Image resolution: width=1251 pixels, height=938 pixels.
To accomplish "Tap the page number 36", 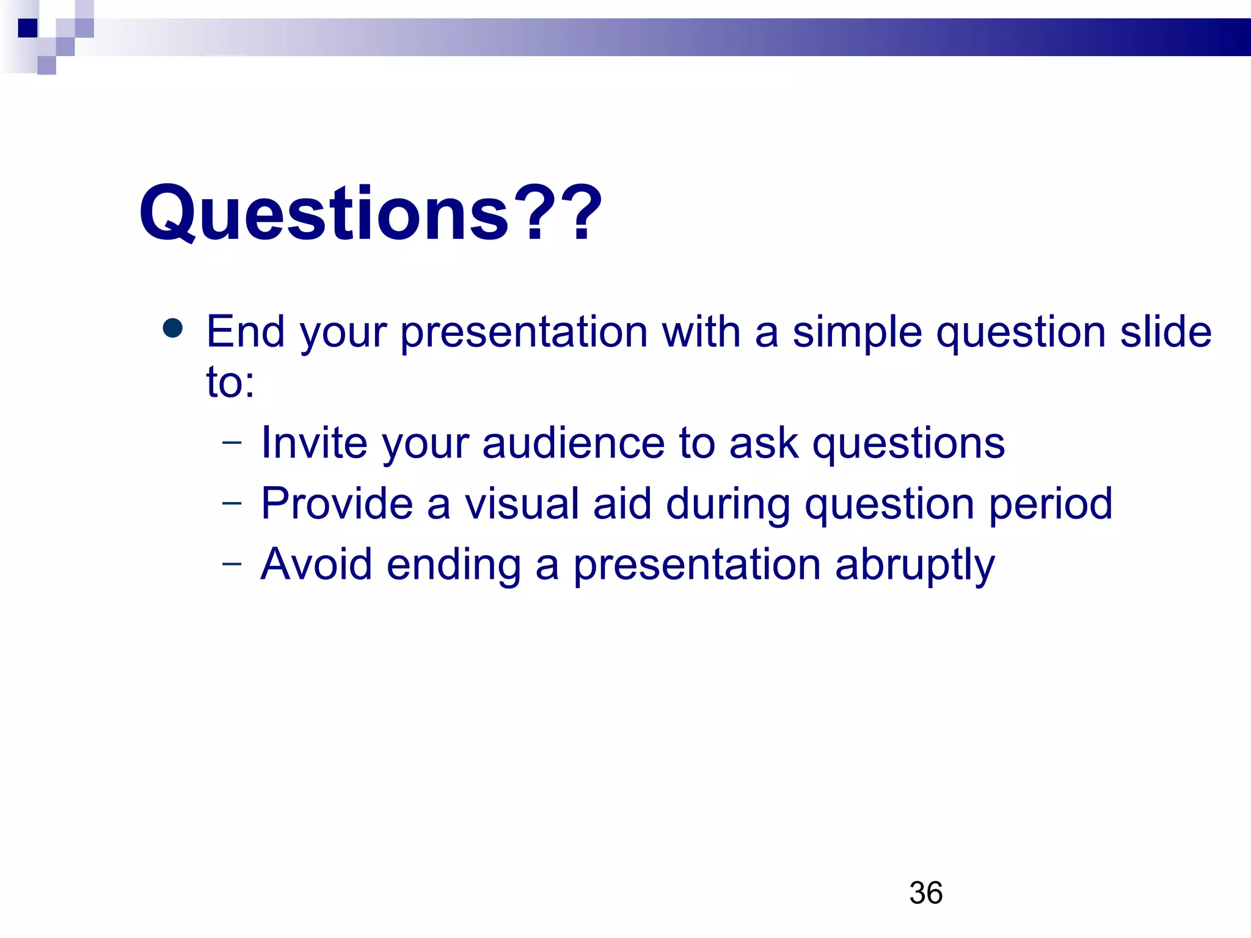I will click(x=925, y=893).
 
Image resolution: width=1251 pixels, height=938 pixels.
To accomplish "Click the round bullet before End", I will click(x=173, y=328).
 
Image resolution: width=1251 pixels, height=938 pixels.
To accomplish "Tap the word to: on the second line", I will click(x=230, y=382).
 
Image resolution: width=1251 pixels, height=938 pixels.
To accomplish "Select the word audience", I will click(x=573, y=442).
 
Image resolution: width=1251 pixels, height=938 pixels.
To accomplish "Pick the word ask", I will click(x=764, y=442).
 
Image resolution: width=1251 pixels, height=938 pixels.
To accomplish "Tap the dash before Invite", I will click(x=232, y=442).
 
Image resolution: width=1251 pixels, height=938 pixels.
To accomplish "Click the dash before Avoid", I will click(x=232, y=563).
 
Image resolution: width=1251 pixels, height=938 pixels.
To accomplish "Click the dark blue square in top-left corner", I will click(x=27, y=28).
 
